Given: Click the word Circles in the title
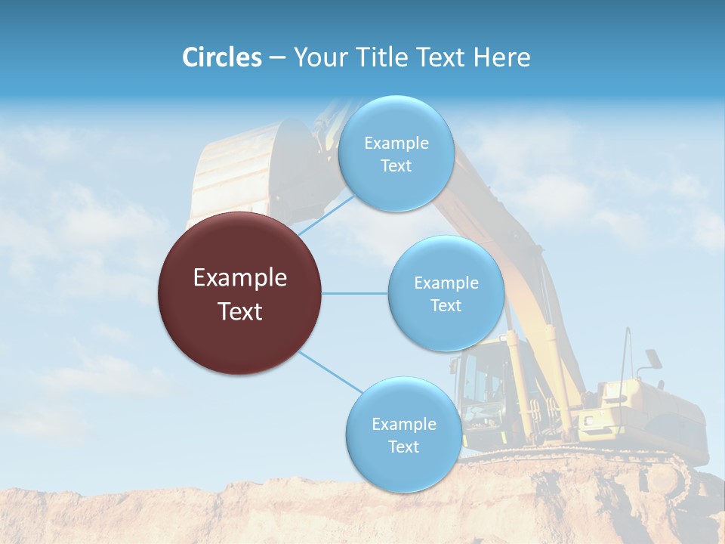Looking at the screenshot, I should pos(222,57).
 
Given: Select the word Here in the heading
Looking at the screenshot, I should pos(501,57).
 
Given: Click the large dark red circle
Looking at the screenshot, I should pos(239,293).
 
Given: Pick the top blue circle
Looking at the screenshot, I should pos(396,153).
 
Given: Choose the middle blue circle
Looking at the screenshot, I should pos(446,293).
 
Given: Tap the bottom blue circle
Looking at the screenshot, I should pos(403,434).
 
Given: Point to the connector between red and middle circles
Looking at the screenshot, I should pos(354,293).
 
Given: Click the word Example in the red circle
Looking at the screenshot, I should pos(239,278).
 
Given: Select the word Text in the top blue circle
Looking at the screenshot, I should pos(396,165).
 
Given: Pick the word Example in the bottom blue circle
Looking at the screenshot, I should pos(403,424).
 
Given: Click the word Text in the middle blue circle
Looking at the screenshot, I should pos(446,305).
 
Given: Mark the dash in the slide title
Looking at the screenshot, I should pos(276,58).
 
